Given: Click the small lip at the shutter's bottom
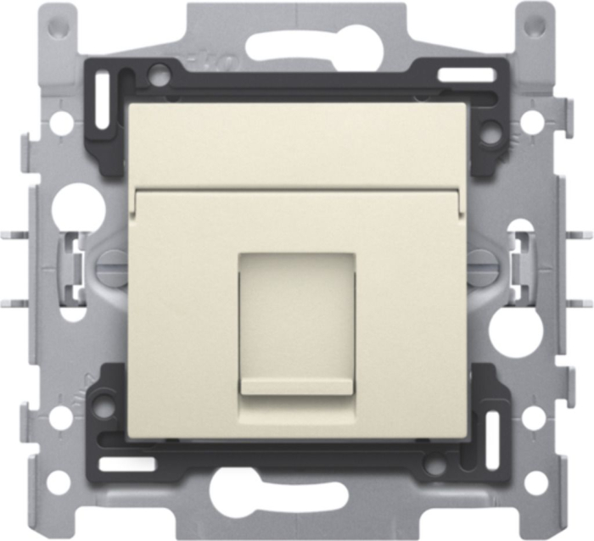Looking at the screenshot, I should [297, 387].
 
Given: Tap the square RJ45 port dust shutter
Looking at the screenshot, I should [297, 318].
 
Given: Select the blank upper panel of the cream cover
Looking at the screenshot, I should [297, 144].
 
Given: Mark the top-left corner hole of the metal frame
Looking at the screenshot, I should [57, 26].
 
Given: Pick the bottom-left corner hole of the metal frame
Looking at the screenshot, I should [57, 482].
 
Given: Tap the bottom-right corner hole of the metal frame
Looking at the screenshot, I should [535, 482].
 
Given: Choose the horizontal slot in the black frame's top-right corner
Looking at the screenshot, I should [466, 75].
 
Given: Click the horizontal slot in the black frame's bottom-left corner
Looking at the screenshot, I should [126, 465].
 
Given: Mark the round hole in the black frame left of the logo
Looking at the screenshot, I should [159, 74].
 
